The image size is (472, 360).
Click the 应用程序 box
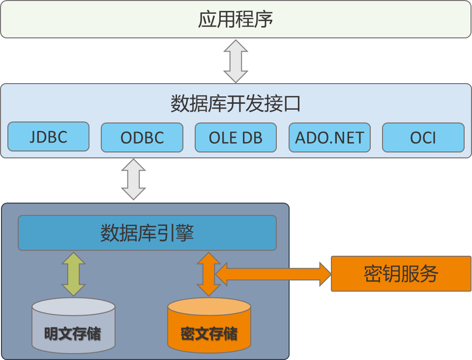(x=236, y=20)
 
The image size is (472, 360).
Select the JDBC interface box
(x=48, y=137)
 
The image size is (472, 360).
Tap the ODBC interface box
(x=142, y=138)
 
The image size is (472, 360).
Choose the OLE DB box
(x=236, y=138)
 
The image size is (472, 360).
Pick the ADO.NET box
(x=329, y=138)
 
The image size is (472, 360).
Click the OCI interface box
(x=423, y=138)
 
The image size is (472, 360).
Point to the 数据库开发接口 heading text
(x=236, y=104)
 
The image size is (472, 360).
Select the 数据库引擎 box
(x=147, y=233)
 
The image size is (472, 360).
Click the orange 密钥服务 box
(x=401, y=274)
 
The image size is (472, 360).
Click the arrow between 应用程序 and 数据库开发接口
(x=236, y=61)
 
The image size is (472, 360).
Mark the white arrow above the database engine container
(x=133, y=179)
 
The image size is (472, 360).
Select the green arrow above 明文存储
(x=73, y=274)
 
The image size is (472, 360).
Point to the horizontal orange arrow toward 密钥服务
(x=275, y=274)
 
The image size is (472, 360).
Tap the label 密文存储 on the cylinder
(x=209, y=334)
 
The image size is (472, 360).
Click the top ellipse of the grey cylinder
(x=74, y=306)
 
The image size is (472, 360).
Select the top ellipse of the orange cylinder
(x=209, y=306)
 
